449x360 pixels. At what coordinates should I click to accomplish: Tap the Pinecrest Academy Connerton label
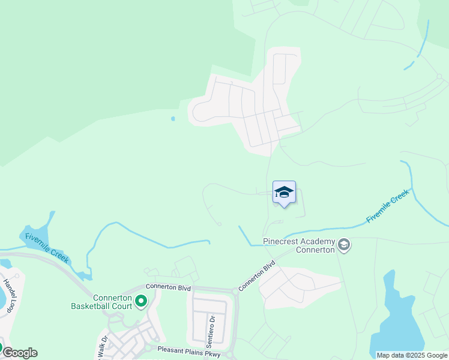(x=298, y=245)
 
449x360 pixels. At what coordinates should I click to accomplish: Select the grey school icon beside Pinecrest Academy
(x=344, y=245)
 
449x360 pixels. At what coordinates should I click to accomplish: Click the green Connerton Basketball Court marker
(x=141, y=301)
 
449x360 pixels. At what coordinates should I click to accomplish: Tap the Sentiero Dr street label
(x=211, y=328)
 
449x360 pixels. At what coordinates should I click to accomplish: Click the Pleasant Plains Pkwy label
(x=189, y=350)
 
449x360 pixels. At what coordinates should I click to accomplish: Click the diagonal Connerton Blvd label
(x=257, y=275)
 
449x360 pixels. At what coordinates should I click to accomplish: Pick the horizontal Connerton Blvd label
(x=168, y=288)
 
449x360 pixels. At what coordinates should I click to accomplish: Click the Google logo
(x=19, y=353)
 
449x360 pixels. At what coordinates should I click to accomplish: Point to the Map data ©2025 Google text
(x=411, y=355)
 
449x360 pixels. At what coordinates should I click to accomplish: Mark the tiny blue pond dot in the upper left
(x=173, y=119)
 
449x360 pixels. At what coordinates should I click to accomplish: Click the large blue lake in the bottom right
(x=396, y=324)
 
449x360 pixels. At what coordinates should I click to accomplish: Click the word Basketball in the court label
(x=90, y=305)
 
